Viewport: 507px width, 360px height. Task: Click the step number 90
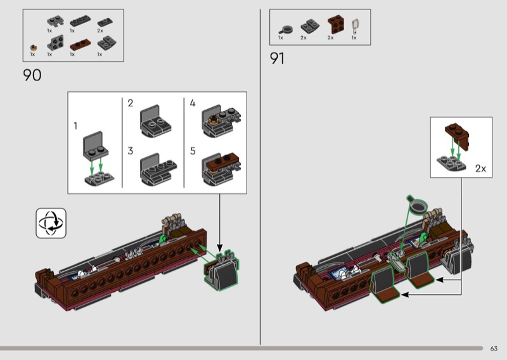click(x=32, y=75)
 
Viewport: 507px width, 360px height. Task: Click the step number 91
click(x=277, y=58)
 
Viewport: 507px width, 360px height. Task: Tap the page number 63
click(x=494, y=349)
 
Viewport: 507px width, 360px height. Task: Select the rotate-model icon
click(x=51, y=223)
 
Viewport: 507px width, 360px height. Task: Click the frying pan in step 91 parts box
click(x=286, y=30)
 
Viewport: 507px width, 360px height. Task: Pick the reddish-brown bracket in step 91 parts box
click(x=336, y=24)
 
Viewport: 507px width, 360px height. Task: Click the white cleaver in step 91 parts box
click(x=356, y=27)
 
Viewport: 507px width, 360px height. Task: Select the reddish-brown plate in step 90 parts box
click(x=80, y=45)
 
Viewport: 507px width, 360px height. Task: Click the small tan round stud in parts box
click(x=34, y=48)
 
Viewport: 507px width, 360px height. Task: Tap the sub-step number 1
click(x=75, y=125)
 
